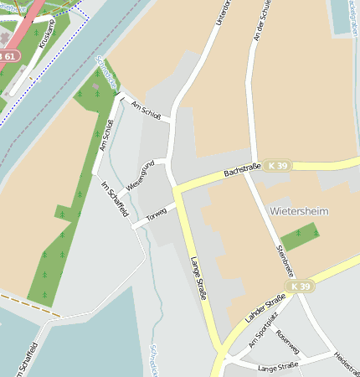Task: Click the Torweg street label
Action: coord(157,215)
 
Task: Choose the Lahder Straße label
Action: coord(265,311)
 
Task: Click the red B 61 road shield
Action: coord(7,55)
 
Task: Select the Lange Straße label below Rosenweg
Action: coord(278,367)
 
